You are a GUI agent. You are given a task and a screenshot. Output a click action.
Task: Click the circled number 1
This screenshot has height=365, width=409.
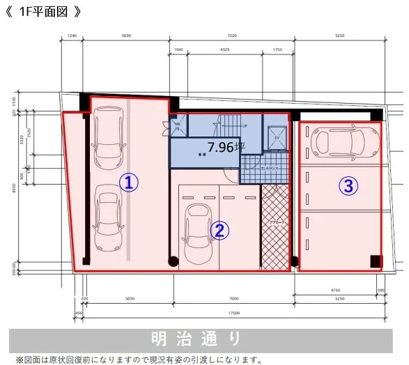pyautogui.click(x=128, y=182)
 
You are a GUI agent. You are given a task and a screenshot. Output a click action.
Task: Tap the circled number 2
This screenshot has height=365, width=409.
pyautogui.click(x=219, y=231)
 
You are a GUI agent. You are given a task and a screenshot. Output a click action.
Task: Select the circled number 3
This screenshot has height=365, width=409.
pyautogui.click(x=348, y=185)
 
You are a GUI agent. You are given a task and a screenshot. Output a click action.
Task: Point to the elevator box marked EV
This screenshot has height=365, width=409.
pyautogui.click(x=276, y=137)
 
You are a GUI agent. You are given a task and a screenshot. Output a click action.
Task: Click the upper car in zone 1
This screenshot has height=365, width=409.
pyautogui.click(x=108, y=132)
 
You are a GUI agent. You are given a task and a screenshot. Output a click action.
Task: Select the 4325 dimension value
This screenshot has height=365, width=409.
pyautogui.click(x=224, y=49)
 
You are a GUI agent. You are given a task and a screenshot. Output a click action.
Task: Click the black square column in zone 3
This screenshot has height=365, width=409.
pyautogui.click(x=376, y=261)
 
